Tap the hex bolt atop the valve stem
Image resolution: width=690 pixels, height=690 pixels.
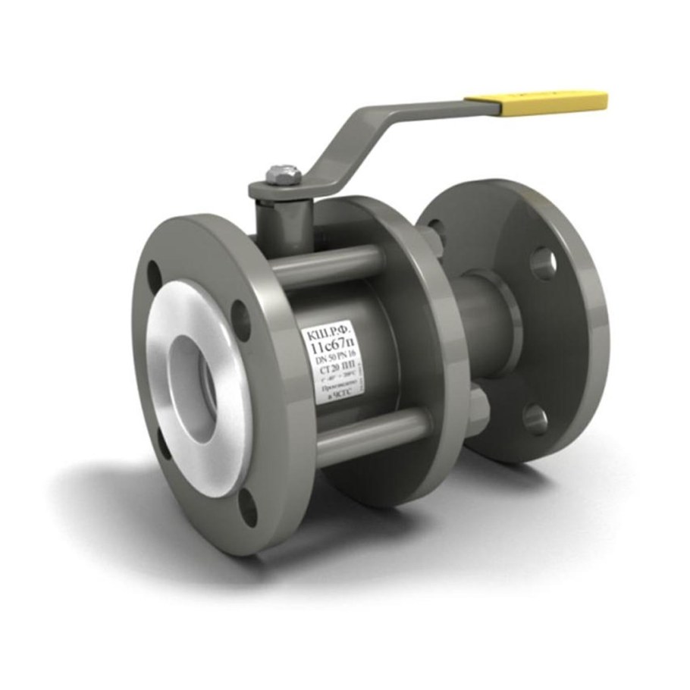284,174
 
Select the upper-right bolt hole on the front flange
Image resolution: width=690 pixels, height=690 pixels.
241,319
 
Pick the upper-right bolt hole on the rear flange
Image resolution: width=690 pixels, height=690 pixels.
543,262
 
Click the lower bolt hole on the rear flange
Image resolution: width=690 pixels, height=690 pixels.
535,419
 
